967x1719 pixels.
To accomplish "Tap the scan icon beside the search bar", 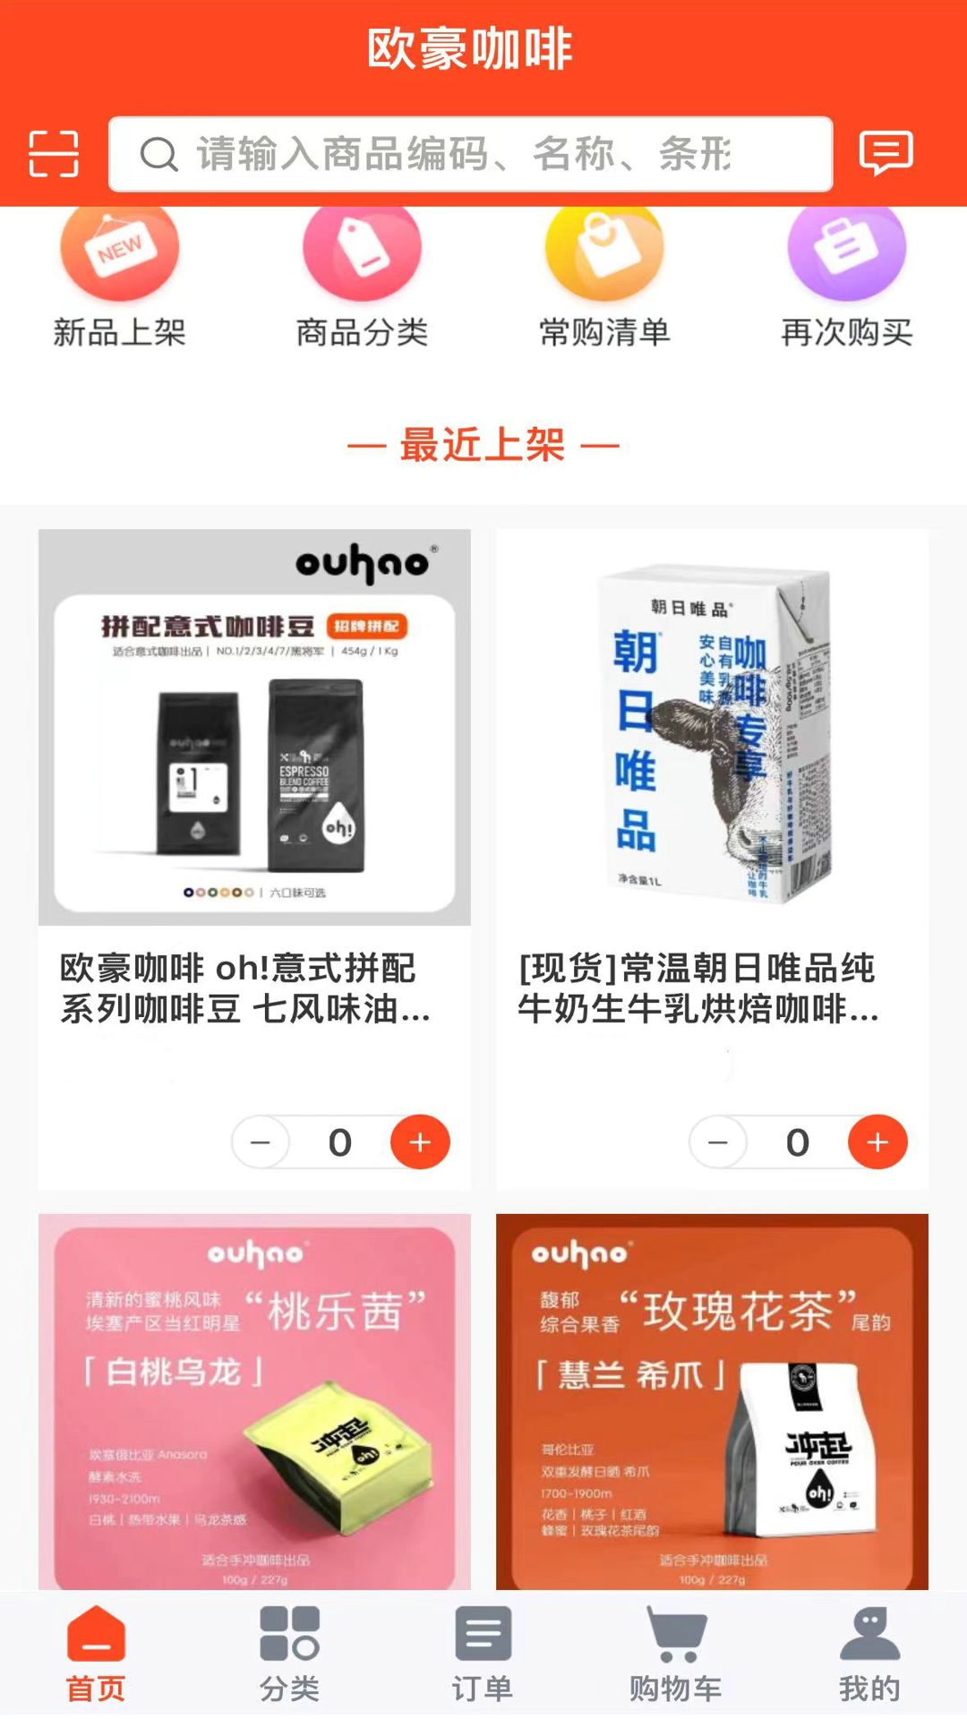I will point(54,153).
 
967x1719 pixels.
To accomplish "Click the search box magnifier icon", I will point(159,154).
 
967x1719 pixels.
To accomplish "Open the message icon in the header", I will point(886,152).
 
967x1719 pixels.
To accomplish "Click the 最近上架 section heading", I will point(483,445).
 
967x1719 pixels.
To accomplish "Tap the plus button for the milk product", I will point(877,1142).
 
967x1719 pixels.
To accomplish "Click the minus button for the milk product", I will point(718,1142).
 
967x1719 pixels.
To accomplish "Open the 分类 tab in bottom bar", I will point(289,1652).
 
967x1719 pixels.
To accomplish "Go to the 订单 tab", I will point(483,1652).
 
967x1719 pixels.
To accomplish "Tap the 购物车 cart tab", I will point(676,1652).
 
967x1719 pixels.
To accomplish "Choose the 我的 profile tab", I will point(869,1652).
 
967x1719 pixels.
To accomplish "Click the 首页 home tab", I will point(96,1652).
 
